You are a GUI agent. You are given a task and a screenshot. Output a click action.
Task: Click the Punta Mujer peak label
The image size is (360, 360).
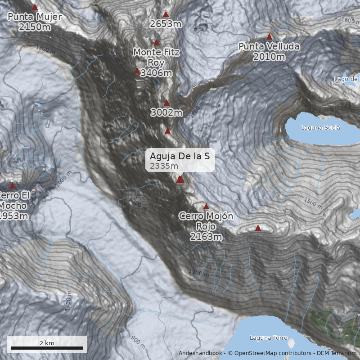(x=35, y=22)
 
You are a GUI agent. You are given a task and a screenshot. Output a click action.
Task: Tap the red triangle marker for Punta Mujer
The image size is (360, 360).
(x=35, y=7)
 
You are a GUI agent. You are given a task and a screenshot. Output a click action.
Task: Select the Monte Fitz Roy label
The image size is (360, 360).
(x=156, y=63)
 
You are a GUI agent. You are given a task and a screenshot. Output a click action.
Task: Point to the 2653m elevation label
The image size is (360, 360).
(x=166, y=24)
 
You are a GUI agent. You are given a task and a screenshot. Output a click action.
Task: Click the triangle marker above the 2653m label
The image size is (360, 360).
(x=166, y=14)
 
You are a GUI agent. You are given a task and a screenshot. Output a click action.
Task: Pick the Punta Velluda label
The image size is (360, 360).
(x=269, y=51)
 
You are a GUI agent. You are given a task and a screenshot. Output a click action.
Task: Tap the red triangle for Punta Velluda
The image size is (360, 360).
(x=270, y=36)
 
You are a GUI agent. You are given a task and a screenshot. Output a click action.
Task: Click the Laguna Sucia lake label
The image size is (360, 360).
(x=320, y=128)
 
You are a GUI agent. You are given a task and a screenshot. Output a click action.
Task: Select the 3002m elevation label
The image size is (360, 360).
(x=166, y=112)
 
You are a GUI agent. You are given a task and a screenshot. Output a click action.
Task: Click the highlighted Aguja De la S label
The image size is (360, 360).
(x=180, y=160)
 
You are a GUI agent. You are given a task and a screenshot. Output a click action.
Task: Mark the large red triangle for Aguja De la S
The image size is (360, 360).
(x=180, y=180)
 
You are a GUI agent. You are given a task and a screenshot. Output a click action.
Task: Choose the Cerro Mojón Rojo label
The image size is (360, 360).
(x=206, y=226)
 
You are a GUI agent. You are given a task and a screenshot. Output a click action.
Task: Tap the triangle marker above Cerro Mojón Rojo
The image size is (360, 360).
(x=206, y=207)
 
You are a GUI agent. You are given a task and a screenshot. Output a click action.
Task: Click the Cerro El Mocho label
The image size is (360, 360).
(x=13, y=206)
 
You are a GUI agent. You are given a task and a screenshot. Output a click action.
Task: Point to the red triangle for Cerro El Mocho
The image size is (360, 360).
(x=13, y=185)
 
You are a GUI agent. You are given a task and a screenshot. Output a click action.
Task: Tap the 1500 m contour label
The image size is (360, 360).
(x=313, y=203)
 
